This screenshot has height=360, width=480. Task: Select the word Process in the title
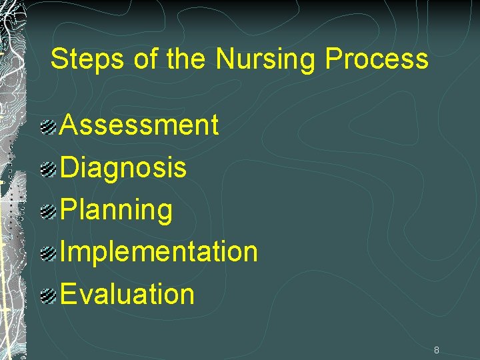(377, 60)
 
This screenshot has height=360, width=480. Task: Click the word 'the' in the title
(187, 59)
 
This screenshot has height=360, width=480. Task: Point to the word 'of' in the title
(145, 59)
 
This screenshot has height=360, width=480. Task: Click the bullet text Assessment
(139, 125)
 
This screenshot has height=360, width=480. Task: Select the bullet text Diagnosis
(123, 167)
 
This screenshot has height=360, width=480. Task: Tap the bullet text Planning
(117, 210)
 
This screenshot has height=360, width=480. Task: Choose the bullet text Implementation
(159, 252)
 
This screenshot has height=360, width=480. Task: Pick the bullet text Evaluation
(127, 294)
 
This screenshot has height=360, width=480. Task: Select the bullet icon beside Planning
(47, 212)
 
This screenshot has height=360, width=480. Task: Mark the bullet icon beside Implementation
(47, 254)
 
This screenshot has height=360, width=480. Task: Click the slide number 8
(436, 349)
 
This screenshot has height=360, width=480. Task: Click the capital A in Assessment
(69, 125)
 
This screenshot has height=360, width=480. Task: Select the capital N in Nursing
(225, 59)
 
